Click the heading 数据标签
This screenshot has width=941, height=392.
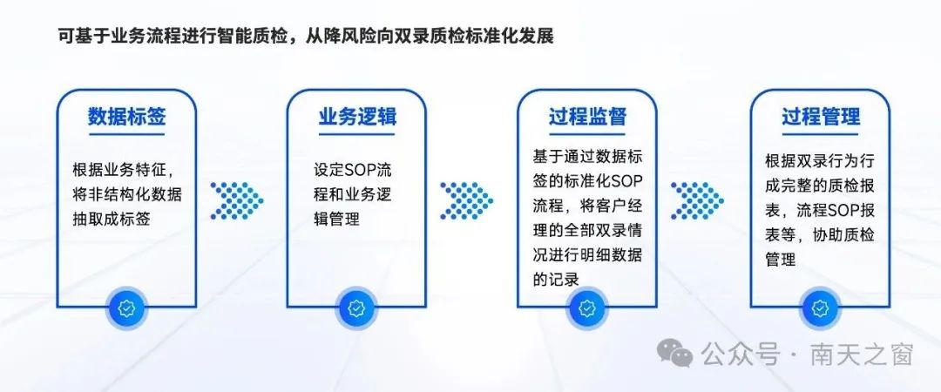[126, 117]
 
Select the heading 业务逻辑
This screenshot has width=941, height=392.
[357, 117]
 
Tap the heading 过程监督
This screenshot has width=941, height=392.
[587, 117]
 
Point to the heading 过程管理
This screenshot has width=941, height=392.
[821, 117]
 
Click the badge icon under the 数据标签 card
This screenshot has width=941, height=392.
[126, 308]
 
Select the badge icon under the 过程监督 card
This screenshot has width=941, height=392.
[587, 308]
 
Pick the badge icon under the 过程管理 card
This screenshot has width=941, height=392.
[820, 308]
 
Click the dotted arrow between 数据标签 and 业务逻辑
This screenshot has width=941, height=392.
[236, 200]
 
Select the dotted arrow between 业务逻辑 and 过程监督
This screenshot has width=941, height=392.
[467, 200]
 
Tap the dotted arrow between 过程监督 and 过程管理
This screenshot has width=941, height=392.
[697, 200]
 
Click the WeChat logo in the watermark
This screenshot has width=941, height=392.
[674, 352]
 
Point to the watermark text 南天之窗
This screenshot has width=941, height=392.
[862, 355]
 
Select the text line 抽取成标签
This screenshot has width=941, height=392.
[111, 220]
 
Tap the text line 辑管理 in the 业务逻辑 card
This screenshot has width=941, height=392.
[336, 220]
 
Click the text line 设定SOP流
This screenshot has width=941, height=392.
[352, 170]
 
